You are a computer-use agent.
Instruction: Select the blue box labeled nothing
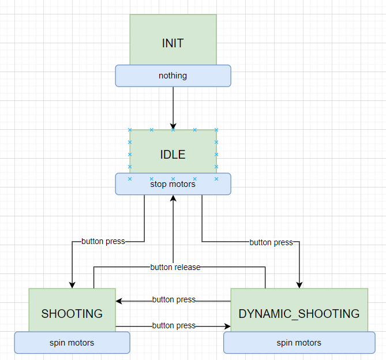[173, 76]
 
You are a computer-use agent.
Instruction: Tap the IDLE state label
[173, 154]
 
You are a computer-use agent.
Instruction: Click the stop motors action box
[173, 185]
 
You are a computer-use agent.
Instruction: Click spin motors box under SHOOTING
[72, 343]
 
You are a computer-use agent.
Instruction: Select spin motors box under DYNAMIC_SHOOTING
[299, 343]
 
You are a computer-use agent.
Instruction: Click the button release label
[175, 267]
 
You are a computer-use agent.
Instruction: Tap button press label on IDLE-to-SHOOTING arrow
[103, 241]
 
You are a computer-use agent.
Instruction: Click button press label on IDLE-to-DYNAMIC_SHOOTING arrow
[271, 242]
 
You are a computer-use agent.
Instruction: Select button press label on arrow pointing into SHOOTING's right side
[174, 300]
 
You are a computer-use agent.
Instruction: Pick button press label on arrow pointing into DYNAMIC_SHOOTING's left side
[174, 325]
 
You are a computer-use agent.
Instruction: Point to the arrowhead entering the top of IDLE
[173, 126]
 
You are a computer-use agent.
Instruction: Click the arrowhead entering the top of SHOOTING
[72, 284]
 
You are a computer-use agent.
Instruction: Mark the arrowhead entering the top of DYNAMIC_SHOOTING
[299, 284]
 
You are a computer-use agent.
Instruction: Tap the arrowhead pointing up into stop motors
[173, 198]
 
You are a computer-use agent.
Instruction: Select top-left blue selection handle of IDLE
[130, 130]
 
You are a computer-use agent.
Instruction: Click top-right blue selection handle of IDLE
[216, 130]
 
